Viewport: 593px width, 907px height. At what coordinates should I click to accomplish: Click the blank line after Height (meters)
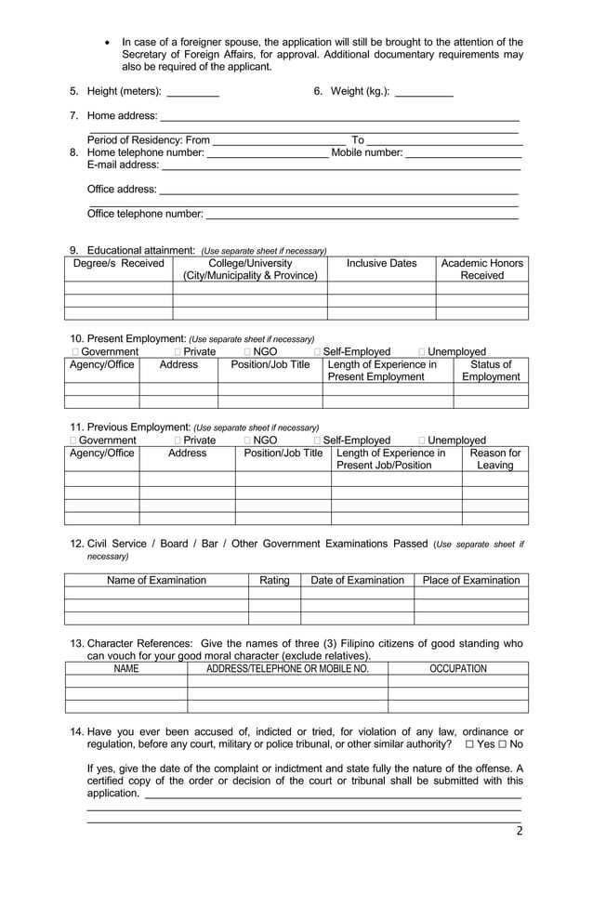click(192, 92)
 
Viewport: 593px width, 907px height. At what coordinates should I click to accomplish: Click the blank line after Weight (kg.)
click(424, 92)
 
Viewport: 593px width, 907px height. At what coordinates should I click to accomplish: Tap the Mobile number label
click(367, 152)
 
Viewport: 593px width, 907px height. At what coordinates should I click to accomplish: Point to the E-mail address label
click(123, 165)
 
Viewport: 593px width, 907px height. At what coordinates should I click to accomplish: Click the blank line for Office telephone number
click(361, 215)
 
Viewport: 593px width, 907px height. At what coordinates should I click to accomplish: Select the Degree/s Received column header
click(118, 264)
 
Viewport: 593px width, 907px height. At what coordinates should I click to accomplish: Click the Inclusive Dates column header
click(381, 264)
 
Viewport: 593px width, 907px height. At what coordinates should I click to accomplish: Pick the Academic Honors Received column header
click(481, 269)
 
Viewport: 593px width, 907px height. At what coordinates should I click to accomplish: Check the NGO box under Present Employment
click(248, 352)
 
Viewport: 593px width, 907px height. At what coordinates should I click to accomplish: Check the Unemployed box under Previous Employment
click(423, 440)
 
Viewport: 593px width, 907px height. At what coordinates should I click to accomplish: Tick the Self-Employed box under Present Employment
click(318, 352)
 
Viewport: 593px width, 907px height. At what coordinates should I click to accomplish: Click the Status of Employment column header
click(491, 371)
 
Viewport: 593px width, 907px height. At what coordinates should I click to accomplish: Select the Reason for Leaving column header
click(494, 459)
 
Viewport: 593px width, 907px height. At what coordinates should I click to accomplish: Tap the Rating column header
click(274, 581)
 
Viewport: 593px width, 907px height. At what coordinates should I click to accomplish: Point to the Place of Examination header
click(470, 581)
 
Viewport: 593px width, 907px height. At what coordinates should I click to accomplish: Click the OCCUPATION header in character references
click(457, 669)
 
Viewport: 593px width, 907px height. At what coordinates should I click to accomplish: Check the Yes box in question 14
click(470, 745)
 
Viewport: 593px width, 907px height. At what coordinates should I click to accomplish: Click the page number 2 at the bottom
click(520, 832)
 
